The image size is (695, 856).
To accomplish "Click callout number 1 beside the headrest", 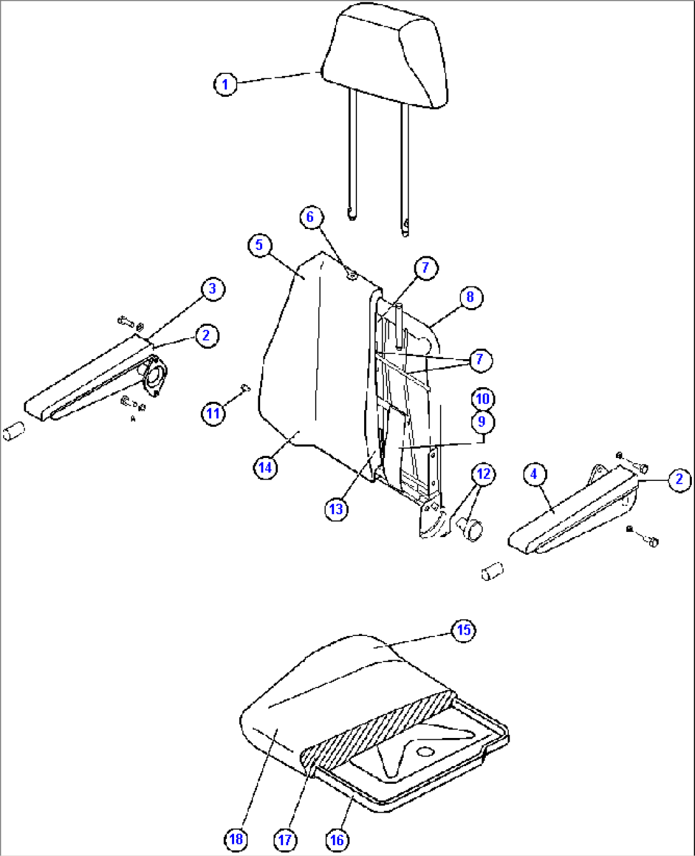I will click(225, 84).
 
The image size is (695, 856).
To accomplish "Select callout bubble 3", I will click(212, 289).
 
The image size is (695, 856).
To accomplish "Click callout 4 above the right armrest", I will click(534, 474).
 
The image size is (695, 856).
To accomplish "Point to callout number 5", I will click(260, 245).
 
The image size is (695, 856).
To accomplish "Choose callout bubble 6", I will click(310, 217).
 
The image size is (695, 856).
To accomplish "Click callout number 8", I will click(470, 297).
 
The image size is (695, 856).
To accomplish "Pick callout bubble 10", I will click(483, 399).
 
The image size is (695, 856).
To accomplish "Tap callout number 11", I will click(213, 413).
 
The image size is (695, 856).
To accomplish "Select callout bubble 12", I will click(484, 474).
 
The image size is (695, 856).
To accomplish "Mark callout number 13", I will click(336, 508).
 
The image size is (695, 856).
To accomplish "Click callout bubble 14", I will click(265, 468).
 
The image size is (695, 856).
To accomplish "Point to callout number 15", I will click(464, 631).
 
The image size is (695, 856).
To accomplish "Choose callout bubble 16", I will click(337, 840).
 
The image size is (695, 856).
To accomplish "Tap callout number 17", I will click(285, 840).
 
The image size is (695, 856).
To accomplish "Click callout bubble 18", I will click(236, 839).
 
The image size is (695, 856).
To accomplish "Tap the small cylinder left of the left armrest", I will click(13, 431).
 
